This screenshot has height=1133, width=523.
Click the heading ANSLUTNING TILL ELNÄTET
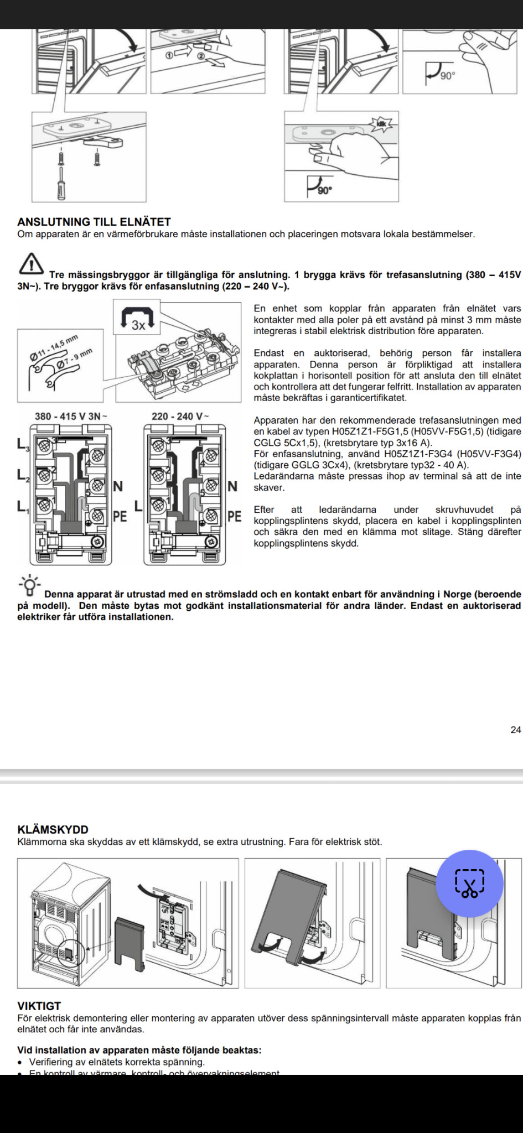coord(94,222)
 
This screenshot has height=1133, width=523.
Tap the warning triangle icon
coord(32,263)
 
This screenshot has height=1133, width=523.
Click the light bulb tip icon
coord(30,585)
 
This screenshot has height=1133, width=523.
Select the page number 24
coord(515,730)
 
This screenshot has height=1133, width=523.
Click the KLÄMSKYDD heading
coord(53,829)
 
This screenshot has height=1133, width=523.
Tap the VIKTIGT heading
coord(39,1006)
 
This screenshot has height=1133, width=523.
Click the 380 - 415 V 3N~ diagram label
coord(71,417)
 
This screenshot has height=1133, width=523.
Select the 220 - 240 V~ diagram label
coord(180,417)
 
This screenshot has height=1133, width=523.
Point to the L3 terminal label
coord(23,444)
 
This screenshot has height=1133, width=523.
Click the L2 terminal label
coord(23,475)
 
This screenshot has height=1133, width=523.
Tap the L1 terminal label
coord(23,506)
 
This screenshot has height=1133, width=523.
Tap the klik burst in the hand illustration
coord(381,124)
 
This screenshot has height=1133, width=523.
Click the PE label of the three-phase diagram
coord(120,516)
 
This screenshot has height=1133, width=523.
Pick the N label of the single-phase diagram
coord(232,486)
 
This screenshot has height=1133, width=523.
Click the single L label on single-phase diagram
coord(138,506)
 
